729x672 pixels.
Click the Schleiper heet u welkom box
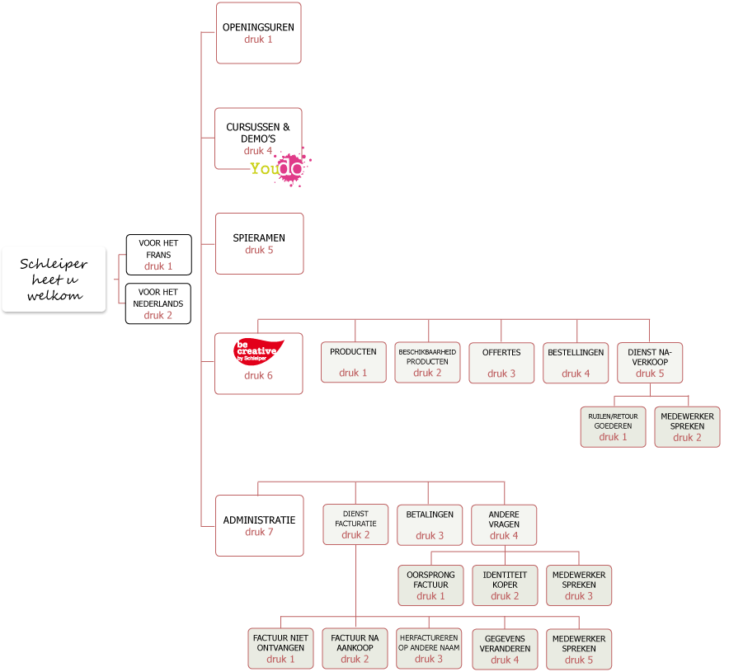[54, 279]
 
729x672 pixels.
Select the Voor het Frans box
[158, 255]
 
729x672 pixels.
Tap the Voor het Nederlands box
[158, 303]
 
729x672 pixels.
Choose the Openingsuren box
[259, 33]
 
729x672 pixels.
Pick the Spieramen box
[259, 243]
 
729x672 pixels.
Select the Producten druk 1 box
[353, 362]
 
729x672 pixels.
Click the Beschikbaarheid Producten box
[427, 362]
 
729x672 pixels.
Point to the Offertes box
[501, 362]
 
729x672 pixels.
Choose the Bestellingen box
[576, 362]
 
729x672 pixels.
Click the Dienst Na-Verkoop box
[650, 362]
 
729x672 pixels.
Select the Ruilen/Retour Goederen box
[613, 426]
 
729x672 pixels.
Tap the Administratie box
[259, 525]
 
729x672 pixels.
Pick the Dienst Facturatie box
[355, 524]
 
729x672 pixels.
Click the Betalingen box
[430, 524]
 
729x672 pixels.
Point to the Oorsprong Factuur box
[430, 585]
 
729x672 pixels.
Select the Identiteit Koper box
[505, 585]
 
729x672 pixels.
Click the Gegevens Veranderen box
[505, 648]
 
